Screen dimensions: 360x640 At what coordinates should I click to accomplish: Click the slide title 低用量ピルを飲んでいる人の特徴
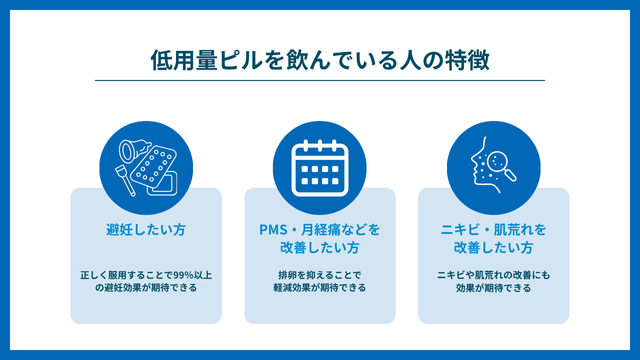pos(319,60)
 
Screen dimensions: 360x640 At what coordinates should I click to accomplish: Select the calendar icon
pos(320,164)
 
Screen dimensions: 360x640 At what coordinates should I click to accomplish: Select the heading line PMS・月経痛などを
pos(320,229)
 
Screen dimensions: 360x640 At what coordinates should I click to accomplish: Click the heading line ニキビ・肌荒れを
pos(494,229)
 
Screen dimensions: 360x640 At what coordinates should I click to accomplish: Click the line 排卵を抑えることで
pos(320,273)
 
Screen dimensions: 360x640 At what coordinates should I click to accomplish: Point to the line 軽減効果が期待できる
pos(320,288)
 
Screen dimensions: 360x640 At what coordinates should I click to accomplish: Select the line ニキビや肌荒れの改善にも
pos(494,273)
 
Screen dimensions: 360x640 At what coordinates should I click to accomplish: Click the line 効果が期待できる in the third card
pos(494,288)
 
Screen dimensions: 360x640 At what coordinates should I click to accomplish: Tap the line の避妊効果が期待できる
pos(146,288)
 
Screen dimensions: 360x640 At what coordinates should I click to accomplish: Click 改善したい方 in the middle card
pos(320,246)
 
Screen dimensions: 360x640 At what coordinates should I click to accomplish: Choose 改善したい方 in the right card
pos(494,246)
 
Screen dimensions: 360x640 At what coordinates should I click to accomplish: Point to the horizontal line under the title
pos(320,81)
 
